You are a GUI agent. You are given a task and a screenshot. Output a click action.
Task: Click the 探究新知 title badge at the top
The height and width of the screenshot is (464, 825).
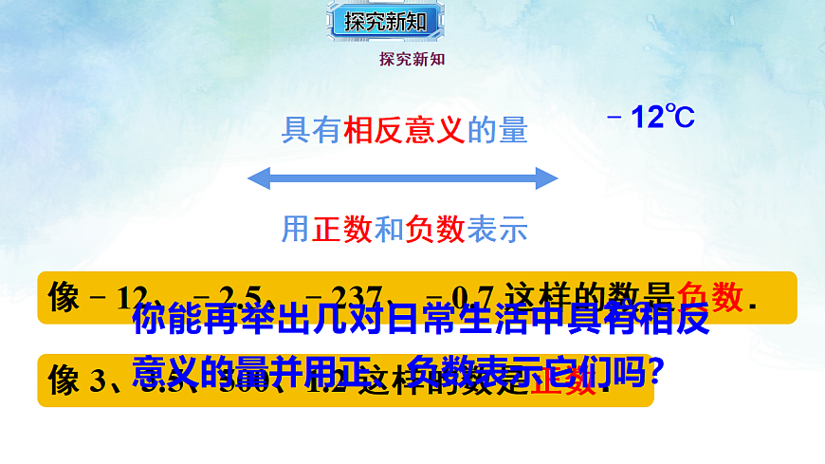click(x=385, y=21)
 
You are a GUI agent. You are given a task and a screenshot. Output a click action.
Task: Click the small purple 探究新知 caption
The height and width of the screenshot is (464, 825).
click(x=412, y=59)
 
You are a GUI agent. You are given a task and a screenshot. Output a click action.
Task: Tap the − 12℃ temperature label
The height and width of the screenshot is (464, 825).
click(x=651, y=118)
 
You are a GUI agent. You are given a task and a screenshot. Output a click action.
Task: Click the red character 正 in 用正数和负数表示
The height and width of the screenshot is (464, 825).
click(x=326, y=229)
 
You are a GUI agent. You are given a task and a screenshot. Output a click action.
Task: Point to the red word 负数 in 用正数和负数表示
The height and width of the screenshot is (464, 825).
click(x=434, y=229)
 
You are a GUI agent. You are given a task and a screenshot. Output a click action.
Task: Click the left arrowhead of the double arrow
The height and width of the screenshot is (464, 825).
click(x=259, y=178)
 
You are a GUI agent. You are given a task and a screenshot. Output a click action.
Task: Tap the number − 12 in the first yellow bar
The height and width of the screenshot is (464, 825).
click(x=119, y=297)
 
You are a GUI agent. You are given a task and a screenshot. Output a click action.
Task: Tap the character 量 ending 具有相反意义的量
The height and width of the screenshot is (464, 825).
click(x=513, y=131)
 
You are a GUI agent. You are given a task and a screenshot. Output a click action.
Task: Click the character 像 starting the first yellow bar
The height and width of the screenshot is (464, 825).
click(x=64, y=297)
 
